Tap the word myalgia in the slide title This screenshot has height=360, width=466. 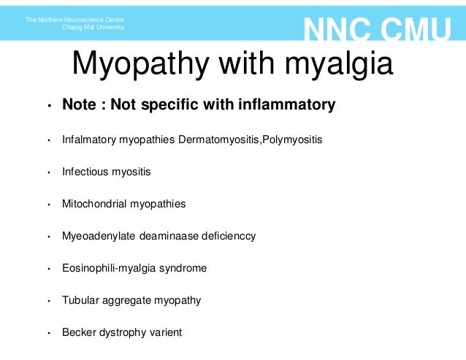click(337, 64)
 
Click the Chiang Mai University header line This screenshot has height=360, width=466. click(94, 27)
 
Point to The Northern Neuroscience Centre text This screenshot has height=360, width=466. click(75, 19)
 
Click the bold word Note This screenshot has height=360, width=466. click(78, 105)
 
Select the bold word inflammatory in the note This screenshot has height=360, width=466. click(286, 105)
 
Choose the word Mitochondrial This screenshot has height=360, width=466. click(95, 204)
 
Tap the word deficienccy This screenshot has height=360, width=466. click(226, 237)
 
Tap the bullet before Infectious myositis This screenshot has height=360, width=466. click(49, 173)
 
